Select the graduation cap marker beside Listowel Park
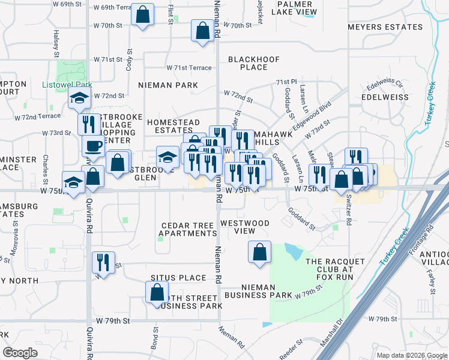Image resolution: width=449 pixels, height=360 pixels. [79, 99]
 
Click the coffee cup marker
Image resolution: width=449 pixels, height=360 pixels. [93, 146]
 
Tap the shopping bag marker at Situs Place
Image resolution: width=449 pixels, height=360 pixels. [157, 292]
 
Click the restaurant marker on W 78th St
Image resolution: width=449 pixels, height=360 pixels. [103, 263]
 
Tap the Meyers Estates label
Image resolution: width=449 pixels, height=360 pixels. [385, 28]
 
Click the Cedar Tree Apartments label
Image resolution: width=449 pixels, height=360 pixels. [188, 230]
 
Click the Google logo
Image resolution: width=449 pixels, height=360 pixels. [20, 353]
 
